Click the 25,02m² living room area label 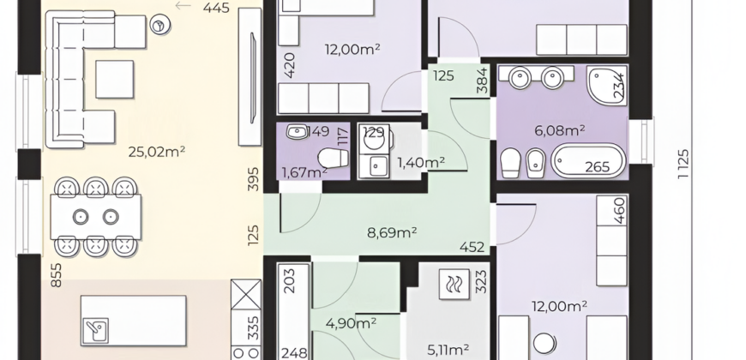157,152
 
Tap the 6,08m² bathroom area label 559,130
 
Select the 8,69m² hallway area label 392,232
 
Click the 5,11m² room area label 448,351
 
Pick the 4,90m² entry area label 351,323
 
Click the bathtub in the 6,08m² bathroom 588,161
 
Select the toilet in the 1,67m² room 333,158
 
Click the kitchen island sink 95,331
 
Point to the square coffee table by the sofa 115,80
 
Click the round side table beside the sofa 159,25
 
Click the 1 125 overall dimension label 683,164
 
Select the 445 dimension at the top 216,8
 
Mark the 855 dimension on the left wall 56,275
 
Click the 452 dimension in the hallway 472,248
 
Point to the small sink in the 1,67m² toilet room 298,132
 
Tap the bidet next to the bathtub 536,163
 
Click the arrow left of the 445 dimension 183,6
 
